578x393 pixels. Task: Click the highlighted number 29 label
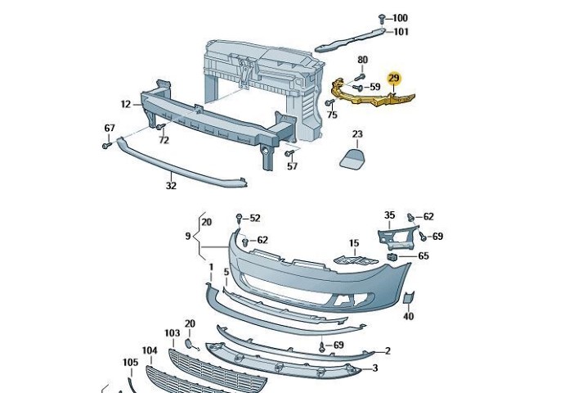(x=394, y=79)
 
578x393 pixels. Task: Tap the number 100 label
(x=399, y=18)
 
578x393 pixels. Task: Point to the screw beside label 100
(x=382, y=18)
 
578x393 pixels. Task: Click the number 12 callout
(x=125, y=104)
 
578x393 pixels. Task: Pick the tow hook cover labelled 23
(x=352, y=157)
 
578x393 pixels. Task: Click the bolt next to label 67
(x=107, y=145)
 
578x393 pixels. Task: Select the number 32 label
(x=170, y=185)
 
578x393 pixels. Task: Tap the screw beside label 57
(x=289, y=153)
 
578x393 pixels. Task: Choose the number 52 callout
(x=254, y=218)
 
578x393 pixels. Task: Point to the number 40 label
(x=408, y=316)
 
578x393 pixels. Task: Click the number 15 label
(x=354, y=243)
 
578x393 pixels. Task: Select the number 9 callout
(x=188, y=237)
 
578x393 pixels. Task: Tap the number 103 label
(x=172, y=333)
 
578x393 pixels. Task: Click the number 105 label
(x=131, y=362)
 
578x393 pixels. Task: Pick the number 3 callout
(x=374, y=368)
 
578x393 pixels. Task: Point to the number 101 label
(x=401, y=32)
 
